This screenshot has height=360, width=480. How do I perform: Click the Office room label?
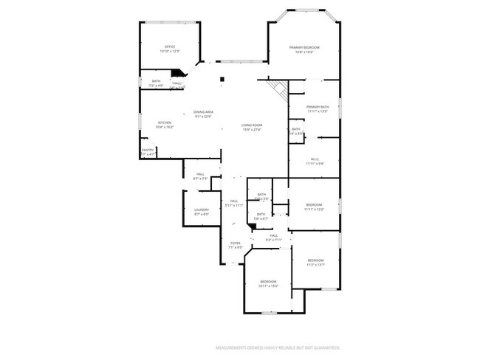[x=171, y=49]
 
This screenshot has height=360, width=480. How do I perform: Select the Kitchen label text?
[x=164, y=125]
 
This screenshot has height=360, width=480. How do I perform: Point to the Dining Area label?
[x=203, y=114]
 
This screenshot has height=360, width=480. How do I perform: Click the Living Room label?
[x=252, y=127]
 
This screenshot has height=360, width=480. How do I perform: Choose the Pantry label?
[x=148, y=152]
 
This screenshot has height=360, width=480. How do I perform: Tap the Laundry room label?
[x=202, y=212]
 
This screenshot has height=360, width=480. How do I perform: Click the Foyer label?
[x=236, y=245]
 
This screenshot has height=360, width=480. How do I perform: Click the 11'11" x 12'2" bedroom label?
[x=314, y=207]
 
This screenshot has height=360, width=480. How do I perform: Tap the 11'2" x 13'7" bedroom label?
[x=315, y=262]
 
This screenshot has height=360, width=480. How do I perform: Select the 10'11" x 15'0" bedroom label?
[x=268, y=283]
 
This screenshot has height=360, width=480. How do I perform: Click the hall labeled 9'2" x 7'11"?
[x=273, y=238]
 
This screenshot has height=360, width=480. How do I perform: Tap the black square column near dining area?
[x=221, y=79]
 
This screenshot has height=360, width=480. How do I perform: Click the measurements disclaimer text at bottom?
[x=277, y=347]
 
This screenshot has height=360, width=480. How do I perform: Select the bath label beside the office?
[x=156, y=83]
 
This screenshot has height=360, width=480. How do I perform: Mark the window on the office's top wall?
[x=171, y=23]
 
